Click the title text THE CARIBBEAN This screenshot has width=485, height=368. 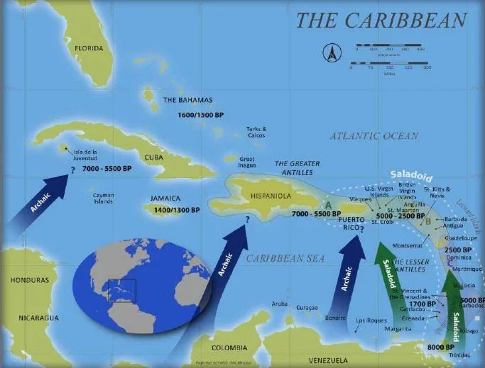[x=381, y=21]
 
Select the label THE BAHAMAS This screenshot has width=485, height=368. [x=188, y=100]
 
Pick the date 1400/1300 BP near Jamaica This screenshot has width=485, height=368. [x=175, y=210]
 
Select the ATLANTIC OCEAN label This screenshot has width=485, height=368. [x=374, y=135]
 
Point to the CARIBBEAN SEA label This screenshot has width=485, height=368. [x=285, y=259]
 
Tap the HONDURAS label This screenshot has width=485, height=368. [x=30, y=280]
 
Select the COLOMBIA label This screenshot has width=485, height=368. [x=229, y=348]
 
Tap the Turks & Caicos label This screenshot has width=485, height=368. [x=256, y=132]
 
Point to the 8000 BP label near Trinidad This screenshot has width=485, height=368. [x=441, y=347]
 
